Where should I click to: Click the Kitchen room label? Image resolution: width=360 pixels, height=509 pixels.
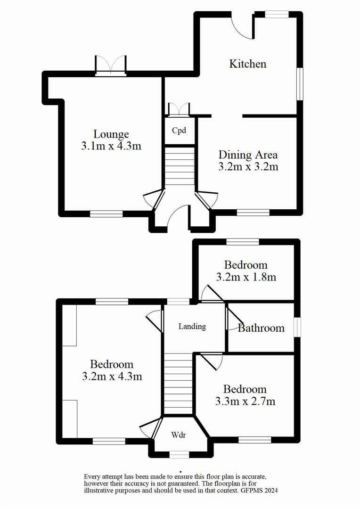click(248, 64)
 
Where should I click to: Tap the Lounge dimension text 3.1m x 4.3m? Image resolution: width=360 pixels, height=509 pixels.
click(111, 146)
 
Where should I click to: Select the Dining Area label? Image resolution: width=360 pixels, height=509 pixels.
click(248, 155)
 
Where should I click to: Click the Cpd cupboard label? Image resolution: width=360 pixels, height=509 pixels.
click(179, 131)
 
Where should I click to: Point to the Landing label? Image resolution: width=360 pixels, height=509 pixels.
click(192, 326)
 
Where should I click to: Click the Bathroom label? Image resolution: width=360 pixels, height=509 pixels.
click(261, 328)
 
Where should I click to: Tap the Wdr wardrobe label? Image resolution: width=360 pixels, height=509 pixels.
click(178, 435)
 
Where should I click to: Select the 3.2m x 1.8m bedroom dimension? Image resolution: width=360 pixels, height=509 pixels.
click(246, 277)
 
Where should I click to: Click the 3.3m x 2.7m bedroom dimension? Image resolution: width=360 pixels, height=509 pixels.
click(245, 402)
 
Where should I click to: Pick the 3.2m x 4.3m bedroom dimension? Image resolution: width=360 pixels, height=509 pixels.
click(112, 377)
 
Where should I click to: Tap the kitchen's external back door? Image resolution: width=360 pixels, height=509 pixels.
click(243, 26)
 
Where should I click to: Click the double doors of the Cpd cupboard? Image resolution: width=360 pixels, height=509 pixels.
click(179, 109)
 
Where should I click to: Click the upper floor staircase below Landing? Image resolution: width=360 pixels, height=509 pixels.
click(178, 384)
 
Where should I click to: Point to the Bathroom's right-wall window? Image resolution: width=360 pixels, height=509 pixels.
click(297, 327)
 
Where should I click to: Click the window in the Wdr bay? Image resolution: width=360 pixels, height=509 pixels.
click(179, 454)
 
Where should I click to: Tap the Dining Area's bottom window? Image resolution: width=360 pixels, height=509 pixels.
click(253, 213)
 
